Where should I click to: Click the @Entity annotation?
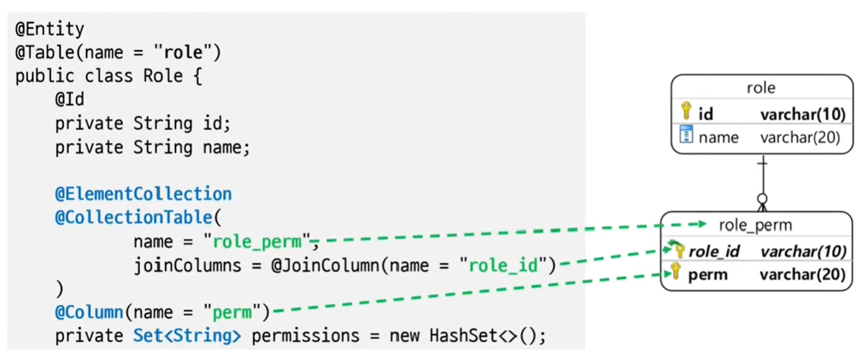pyautogui.click(x=49, y=30)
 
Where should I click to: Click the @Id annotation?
pyautogui.click(x=69, y=100)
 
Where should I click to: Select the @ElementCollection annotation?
pyautogui.click(x=143, y=194)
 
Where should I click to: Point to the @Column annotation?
pyautogui.click(x=88, y=311)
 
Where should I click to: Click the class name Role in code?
pyautogui.click(x=162, y=76)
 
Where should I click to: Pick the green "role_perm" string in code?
pyautogui.click(x=259, y=242)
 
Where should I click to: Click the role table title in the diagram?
pyautogui.click(x=761, y=88)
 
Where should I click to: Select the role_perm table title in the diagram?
pyautogui.click(x=755, y=226)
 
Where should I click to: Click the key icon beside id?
pyautogui.click(x=686, y=112)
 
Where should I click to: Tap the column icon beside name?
pyautogui.click(x=686, y=136)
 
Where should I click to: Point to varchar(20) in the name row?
pyautogui.click(x=803, y=138)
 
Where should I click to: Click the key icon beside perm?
pyautogui.click(x=674, y=273)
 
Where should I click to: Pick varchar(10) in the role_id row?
pyautogui.click(x=803, y=252)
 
